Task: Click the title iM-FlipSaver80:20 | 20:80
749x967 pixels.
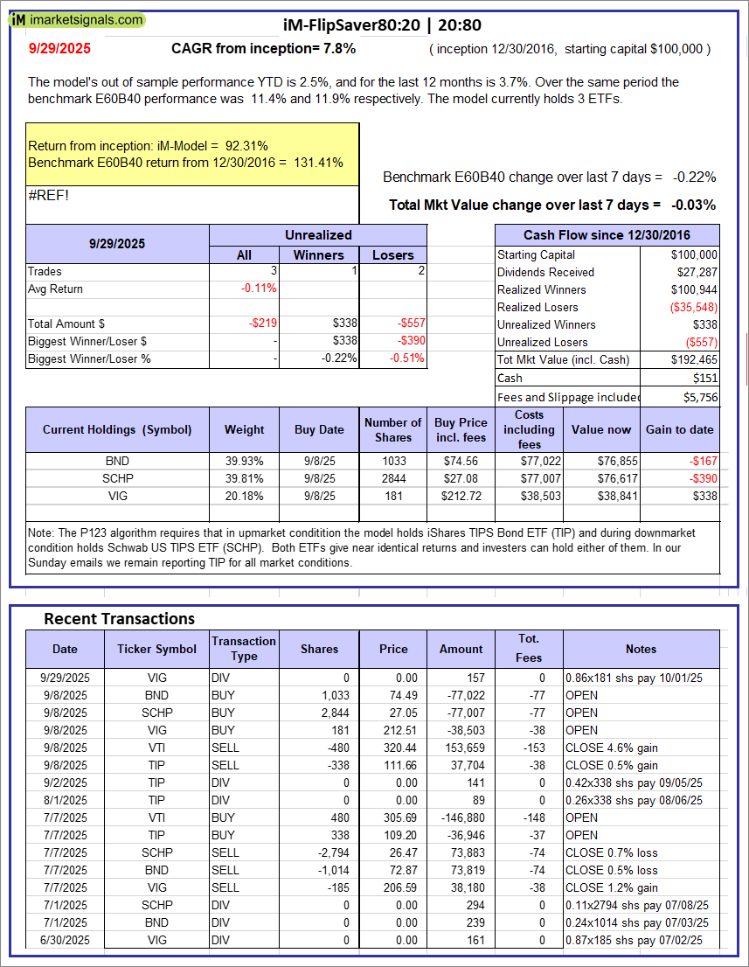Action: coord(382,25)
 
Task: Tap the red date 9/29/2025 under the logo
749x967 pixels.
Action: coord(59,49)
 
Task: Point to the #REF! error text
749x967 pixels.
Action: coord(49,195)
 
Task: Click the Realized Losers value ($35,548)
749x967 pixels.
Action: coord(693,307)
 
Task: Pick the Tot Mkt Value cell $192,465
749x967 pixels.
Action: coord(696,359)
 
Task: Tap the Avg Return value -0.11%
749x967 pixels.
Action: coord(259,289)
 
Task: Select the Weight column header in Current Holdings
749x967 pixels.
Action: coord(245,429)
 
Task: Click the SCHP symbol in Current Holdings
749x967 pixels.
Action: coord(117,478)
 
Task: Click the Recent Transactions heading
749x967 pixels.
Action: coord(120,619)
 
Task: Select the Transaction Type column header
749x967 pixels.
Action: coord(244,649)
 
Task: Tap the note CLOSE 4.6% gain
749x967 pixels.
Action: coord(612,748)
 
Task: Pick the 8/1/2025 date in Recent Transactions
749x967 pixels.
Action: coord(65,800)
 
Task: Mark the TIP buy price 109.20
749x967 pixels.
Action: coord(392,835)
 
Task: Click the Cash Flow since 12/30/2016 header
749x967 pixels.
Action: coord(607,234)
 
